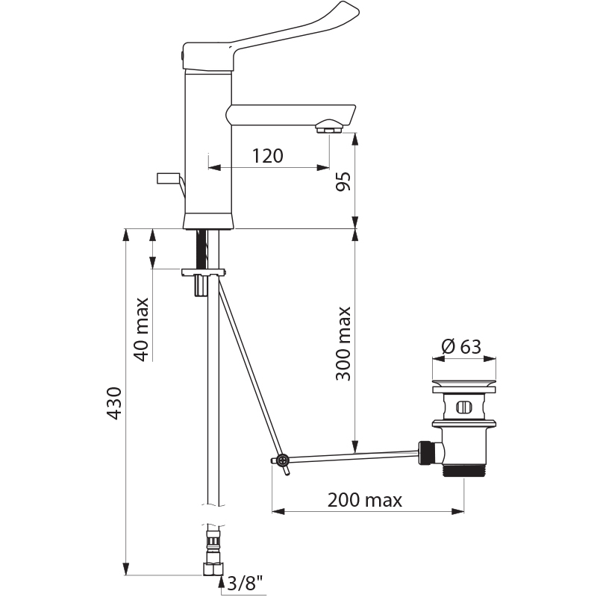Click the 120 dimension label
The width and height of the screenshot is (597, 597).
coord(267,156)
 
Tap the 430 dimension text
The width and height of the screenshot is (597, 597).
coord(114,404)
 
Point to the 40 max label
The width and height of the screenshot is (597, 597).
coord(141,328)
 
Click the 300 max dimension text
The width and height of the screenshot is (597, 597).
coord(343,343)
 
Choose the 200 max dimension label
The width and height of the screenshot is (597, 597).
coord(364,500)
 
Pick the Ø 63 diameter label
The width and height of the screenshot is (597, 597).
coord(461,347)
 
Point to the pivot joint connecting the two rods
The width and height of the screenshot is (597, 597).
coord(282,460)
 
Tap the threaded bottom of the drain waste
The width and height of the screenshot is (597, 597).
coord(463,471)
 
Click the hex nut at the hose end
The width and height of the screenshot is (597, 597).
coord(213,569)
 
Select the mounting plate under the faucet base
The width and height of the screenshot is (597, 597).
coord(201,272)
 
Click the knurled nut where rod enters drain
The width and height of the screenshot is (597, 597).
coord(426,451)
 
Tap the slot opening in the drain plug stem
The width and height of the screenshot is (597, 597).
coord(463,407)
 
